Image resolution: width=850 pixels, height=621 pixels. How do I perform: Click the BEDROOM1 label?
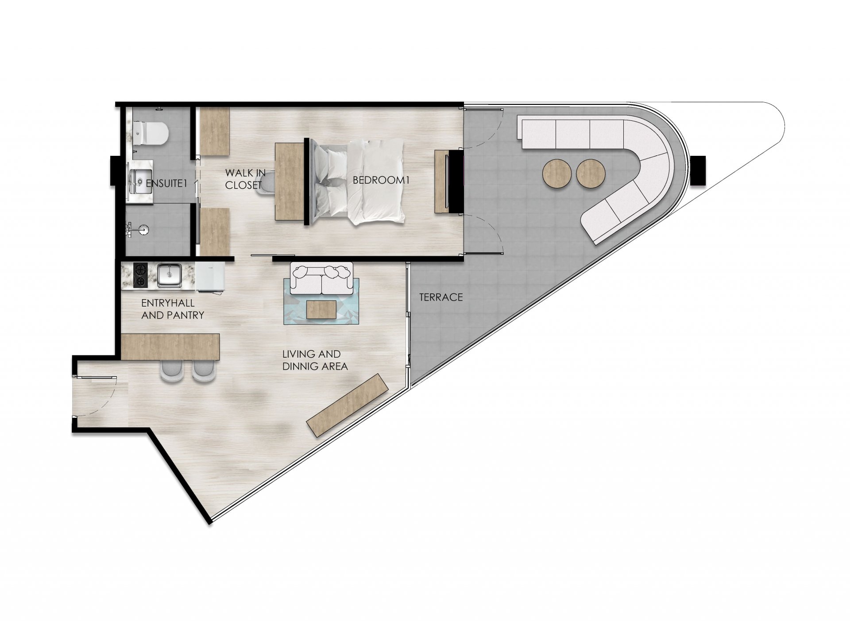381,180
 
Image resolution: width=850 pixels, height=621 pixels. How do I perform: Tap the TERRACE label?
441,297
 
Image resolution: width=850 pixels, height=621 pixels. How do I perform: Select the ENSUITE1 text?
166,183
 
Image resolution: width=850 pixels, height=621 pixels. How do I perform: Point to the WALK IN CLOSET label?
245,179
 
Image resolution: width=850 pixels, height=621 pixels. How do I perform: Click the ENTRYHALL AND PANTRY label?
173,309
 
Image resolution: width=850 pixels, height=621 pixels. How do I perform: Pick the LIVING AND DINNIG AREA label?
315,360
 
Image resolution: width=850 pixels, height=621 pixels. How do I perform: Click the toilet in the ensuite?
151,133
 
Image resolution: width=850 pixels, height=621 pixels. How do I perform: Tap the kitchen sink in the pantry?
169,275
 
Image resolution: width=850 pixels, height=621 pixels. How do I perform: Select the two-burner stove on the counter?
140,275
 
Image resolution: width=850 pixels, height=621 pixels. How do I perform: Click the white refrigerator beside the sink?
210,277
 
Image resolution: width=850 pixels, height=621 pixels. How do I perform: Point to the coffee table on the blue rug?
321,309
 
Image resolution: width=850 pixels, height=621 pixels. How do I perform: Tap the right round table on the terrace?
591,174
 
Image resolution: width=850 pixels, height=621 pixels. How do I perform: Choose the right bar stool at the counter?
204,370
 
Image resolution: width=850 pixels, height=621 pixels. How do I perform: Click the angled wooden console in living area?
348,405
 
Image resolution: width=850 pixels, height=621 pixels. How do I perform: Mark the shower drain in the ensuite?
144,229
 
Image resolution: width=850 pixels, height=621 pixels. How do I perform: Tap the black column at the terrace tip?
698,171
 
